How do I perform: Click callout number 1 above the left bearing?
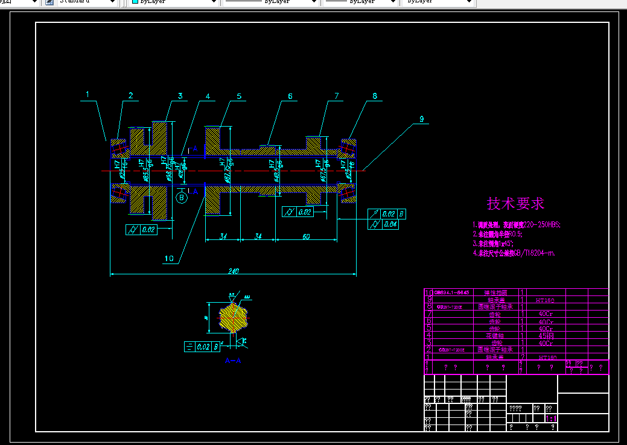pos(88,95)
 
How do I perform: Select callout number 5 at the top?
pos(239,96)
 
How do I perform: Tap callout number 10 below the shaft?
pos(169,259)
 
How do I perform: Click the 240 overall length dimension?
pos(233,271)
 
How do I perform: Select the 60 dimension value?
pos(306,236)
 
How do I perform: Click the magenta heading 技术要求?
pos(515,204)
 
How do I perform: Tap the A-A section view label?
pos(233,361)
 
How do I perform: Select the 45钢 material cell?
pos(546,335)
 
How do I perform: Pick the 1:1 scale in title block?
pos(550,418)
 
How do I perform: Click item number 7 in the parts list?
pos(428,314)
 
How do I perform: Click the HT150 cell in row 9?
pos(546,299)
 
